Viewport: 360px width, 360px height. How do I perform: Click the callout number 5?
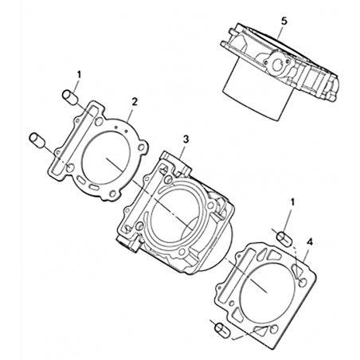coord(284,22)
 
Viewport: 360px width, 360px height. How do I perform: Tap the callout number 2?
coord(135,101)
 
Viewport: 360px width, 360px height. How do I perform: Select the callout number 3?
coord(186,139)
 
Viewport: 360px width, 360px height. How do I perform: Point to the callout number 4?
coord(310,242)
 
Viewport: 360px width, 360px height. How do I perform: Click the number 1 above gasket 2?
coord(79,75)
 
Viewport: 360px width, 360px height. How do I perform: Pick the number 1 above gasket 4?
coord(292,202)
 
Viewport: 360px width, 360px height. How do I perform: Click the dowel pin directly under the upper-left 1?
coord(70,97)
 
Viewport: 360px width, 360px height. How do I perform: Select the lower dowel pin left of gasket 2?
coord(38,139)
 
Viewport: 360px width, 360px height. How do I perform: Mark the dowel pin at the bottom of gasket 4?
coord(222,331)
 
